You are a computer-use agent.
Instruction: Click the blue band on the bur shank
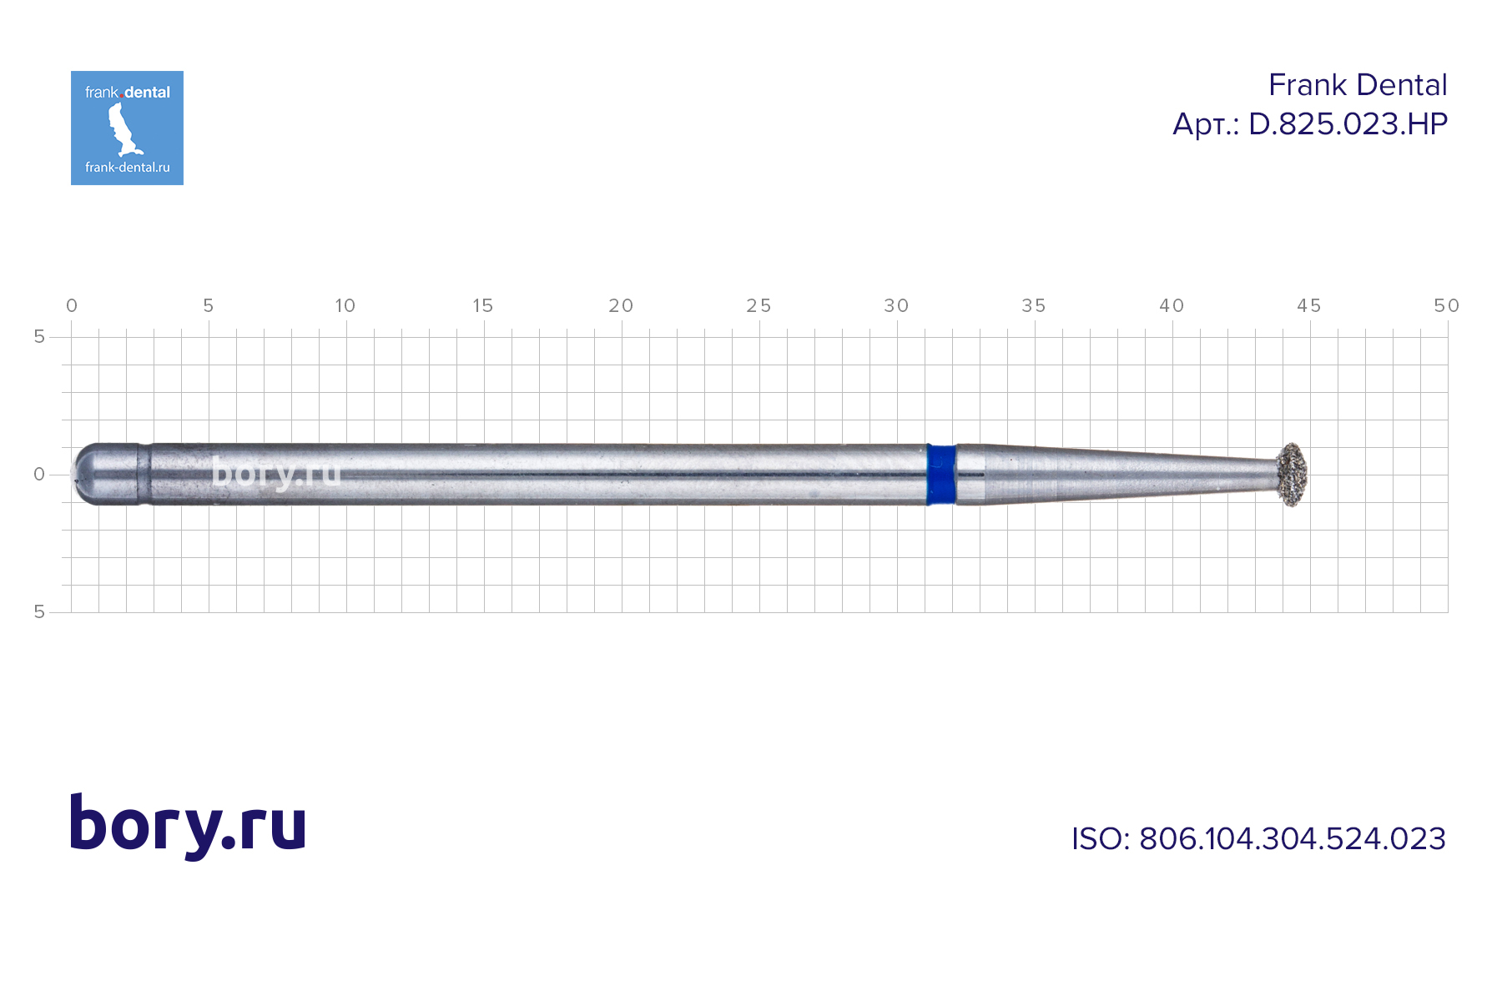tap(941, 475)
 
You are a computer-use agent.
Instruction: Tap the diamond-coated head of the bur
tap(1292, 475)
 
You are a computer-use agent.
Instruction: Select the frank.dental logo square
tap(127, 128)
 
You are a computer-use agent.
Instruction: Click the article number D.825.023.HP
tap(1348, 124)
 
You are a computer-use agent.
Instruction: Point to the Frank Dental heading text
tap(1358, 85)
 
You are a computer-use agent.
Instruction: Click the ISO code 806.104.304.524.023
tap(1292, 838)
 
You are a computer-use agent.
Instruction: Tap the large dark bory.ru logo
tap(189, 825)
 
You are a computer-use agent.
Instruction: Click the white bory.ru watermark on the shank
tap(276, 473)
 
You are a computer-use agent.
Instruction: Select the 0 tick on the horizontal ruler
tap(72, 306)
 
